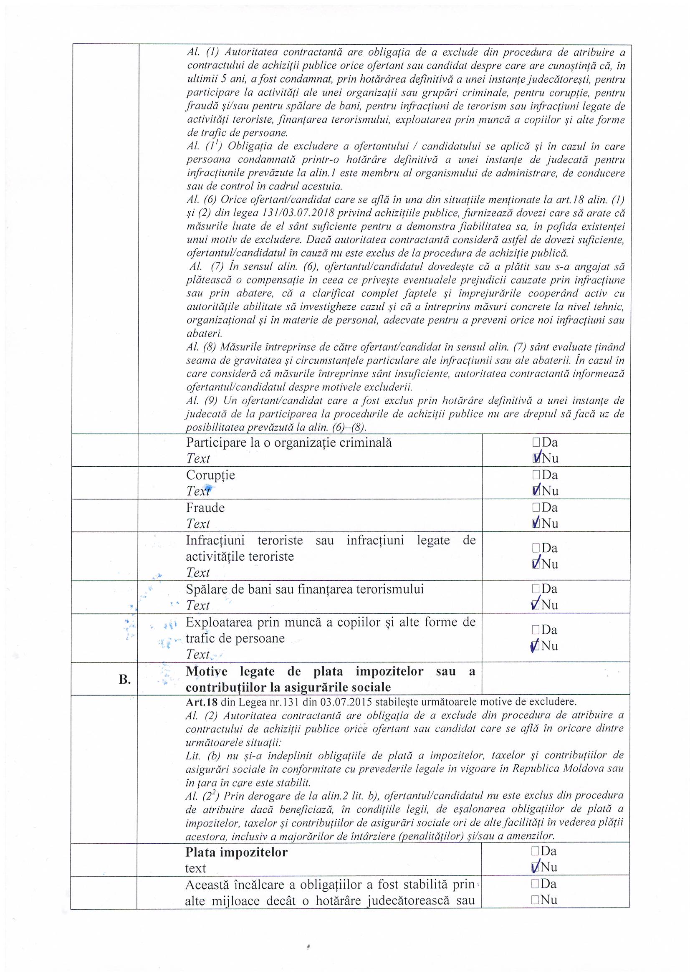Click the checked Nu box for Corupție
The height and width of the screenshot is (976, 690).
click(536, 491)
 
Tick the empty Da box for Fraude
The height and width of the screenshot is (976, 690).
click(536, 508)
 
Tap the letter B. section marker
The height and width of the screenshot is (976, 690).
click(124, 679)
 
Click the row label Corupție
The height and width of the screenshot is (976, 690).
click(210, 475)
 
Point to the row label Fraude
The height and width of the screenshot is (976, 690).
click(205, 508)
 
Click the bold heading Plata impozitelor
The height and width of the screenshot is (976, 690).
click(236, 852)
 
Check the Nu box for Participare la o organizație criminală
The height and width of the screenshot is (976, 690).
click(536, 458)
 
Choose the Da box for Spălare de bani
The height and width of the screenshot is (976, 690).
click(536, 589)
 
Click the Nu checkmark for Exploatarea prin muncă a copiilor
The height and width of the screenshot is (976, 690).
click(535, 646)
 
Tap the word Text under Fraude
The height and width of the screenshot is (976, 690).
click(198, 524)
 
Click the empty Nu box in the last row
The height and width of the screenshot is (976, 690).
click(535, 900)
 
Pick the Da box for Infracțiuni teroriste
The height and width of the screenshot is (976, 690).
click(536, 548)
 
